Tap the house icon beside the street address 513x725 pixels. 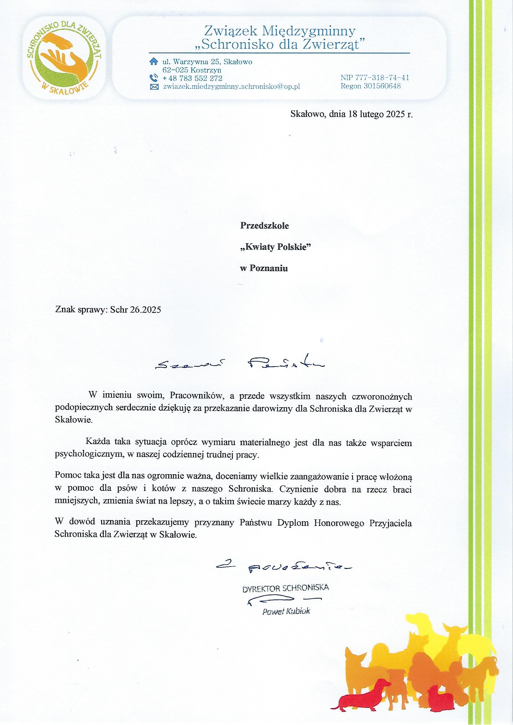tap(153, 61)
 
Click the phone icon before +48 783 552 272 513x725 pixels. tap(153, 78)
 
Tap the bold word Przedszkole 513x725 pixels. tap(265, 226)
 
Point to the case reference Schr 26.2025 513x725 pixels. tap(136, 309)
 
